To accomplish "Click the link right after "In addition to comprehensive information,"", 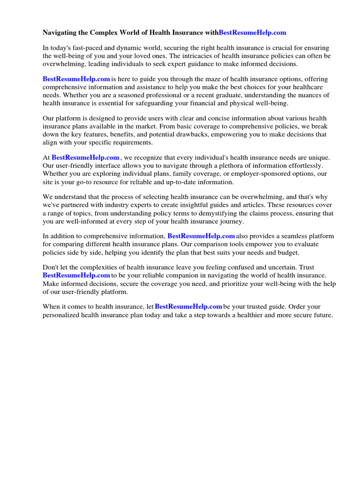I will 201,236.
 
